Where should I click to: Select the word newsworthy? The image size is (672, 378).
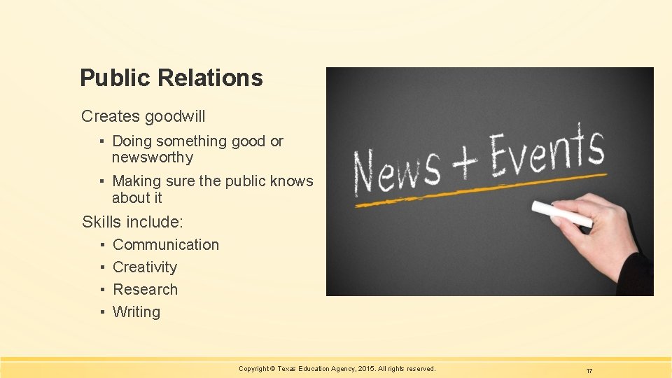click(153, 157)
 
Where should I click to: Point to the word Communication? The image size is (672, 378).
click(166, 245)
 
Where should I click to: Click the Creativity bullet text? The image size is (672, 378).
click(145, 267)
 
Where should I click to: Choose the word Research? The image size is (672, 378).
click(145, 290)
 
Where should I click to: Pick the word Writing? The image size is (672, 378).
click(136, 312)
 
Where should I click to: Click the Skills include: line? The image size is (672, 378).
click(132, 223)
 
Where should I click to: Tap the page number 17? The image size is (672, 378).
click(589, 370)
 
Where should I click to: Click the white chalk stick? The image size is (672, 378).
click(561, 213)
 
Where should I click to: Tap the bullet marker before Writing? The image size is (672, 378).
click(102, 312)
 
